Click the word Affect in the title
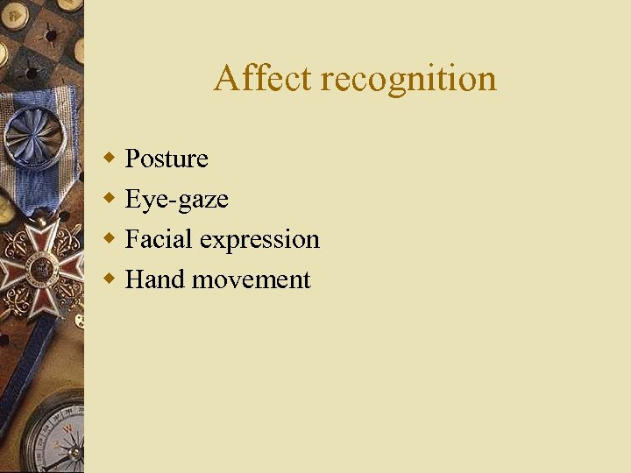point(262,78)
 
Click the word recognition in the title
point(408,80)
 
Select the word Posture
point(167,159)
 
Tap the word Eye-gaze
point(176,200)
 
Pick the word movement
point(252,280)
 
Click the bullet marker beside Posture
point(109,158)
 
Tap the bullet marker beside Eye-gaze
point(109,198)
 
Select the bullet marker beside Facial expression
point(109,238)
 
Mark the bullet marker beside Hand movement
point(109,279)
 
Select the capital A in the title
point(226,78)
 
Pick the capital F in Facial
point(133,239)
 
